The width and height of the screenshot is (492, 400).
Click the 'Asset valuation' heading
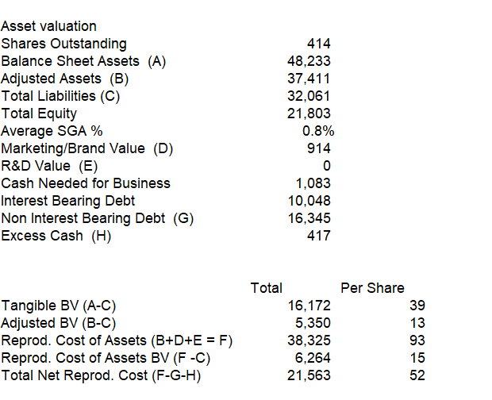click(49, 26)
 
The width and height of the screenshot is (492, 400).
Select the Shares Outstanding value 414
click(318, 44)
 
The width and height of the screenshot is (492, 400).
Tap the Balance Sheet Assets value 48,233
click(309, 61)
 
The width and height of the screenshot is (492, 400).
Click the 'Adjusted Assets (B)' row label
click(65, 79)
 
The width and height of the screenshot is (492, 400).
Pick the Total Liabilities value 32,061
click(309, 96)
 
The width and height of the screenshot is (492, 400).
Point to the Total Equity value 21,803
click(309, 113)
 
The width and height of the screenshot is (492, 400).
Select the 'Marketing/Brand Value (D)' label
click(87, 148)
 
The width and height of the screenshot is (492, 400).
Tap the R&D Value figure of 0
click(325, 166)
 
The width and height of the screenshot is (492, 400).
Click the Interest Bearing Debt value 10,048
click(309, 201)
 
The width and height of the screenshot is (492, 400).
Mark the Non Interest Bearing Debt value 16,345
click(309, 218)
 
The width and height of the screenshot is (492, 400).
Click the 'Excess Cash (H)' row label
click(56, 236)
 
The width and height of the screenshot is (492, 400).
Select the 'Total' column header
click(266, 288)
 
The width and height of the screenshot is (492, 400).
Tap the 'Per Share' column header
click(372, 288)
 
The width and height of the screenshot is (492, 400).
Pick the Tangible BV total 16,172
click(309, 306)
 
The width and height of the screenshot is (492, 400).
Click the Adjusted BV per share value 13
click(417, 323)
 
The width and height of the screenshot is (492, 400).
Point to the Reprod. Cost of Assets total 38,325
click(309, 340)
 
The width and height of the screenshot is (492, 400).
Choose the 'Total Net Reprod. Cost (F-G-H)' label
click(101, 375)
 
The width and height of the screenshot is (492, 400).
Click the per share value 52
click(417, 375)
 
